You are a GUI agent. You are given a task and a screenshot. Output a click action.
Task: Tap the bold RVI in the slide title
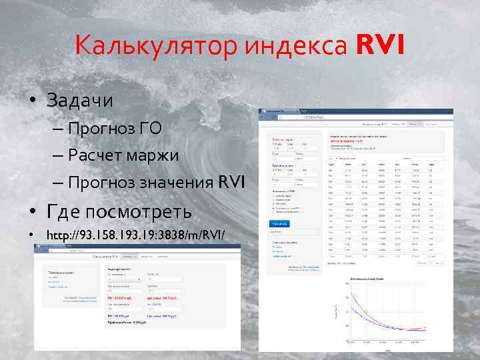379,46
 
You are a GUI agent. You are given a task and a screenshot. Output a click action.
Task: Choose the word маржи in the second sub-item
155,155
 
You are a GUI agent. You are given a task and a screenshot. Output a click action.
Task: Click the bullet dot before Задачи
32,101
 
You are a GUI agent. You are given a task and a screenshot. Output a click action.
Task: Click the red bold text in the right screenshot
347,141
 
